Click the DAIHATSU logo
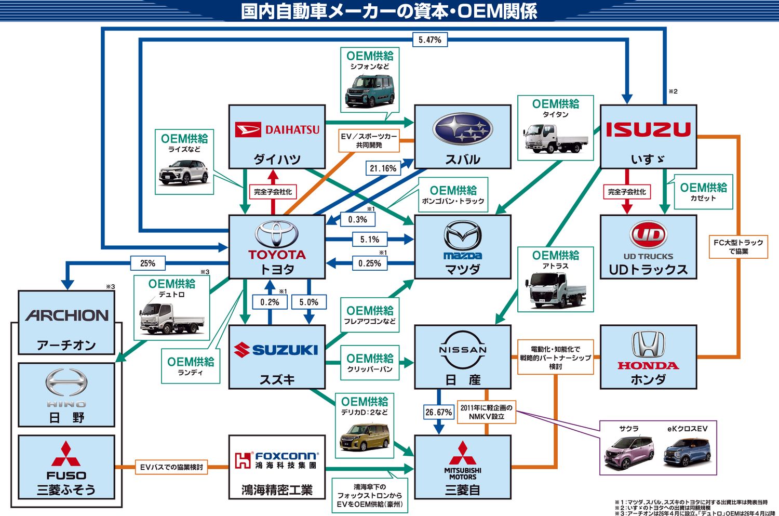point(277,129)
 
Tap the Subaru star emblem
point(462,129)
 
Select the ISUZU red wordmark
point(648,129)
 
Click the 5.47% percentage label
point(430,40)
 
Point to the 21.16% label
point(383,168)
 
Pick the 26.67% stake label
point(439,412)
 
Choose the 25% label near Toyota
point(147,263)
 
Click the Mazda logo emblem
point(462,236)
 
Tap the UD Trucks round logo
point(648,235)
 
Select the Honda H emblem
point(648,344)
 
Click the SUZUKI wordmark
point(277,350)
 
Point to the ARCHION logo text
point(67,315)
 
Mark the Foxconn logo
point(277,460)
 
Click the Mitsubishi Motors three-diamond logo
point(462,453)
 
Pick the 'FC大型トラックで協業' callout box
point(738,247)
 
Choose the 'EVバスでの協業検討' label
point(171,467)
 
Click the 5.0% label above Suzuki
point(309,302)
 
